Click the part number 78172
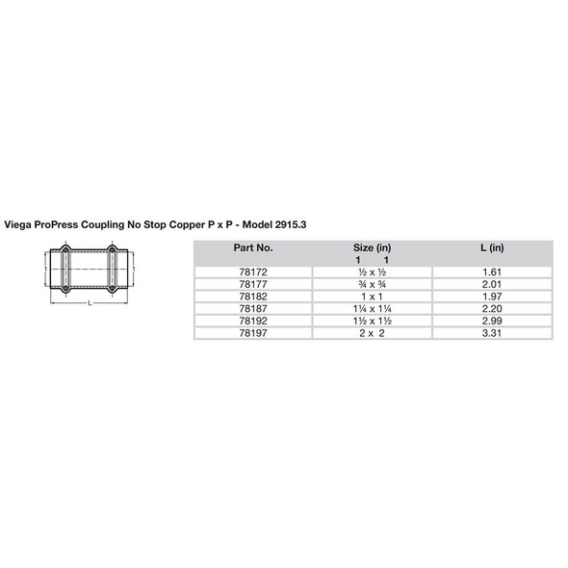pos(253,272)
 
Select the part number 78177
pos(253,285)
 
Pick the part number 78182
pos(253,297)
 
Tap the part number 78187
pos(253,309)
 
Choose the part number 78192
pos(253,321)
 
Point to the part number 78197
pos(253,333)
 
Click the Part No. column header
pos(253,247)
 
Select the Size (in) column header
pos(372,247)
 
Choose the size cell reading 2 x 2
pos(372,333)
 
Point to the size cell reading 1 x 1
pos(372,297)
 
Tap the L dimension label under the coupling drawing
pos(89,303)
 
